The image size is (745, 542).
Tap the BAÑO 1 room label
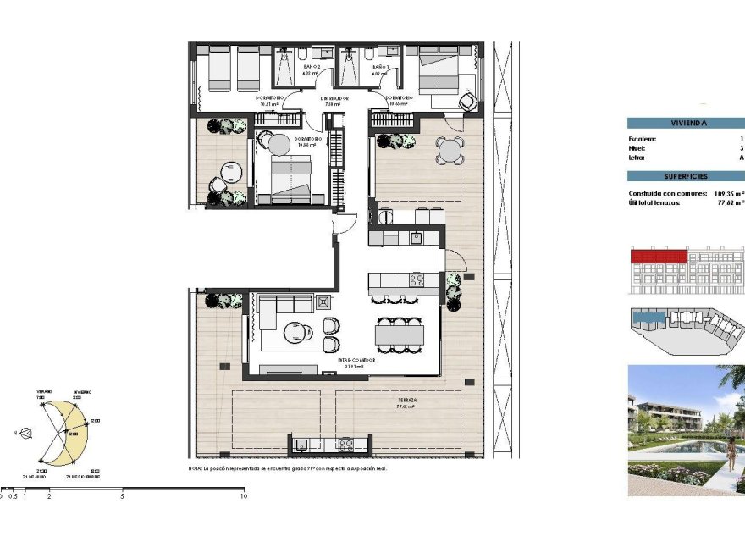click(x=380, y=66)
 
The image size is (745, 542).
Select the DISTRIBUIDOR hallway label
click(x=335, y=98)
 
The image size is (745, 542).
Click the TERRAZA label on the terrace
click(x=408, y=399)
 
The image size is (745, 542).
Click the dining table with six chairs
click(x=399, y=335)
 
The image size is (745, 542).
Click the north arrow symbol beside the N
click(x=28, y=433)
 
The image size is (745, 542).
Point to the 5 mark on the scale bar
click(x=123, y=496)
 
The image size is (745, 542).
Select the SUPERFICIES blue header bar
click(x=686, y=176)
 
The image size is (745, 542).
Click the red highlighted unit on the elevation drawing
click(x=659, y=255)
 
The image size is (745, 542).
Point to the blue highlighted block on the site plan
click(x=650, y=318)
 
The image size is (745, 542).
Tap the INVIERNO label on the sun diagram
click(x=82, y=393)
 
